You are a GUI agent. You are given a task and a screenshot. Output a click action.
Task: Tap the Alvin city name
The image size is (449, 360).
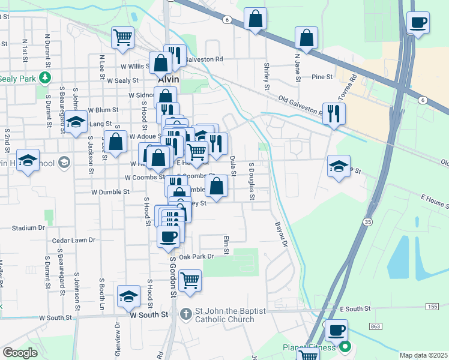tap(169, 79)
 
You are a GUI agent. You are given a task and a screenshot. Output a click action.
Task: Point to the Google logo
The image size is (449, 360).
tap(20, 353)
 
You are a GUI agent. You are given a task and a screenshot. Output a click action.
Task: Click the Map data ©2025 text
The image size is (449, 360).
tap(424, 355)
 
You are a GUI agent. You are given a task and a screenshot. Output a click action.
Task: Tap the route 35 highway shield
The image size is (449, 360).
tap(367, 222)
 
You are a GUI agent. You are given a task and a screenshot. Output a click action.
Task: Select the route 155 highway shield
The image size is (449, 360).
tap(432, 307)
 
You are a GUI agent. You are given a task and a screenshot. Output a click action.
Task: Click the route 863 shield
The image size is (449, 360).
tap(376, 326)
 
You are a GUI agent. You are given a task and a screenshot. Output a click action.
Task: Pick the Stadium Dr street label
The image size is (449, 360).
tap(29, 228)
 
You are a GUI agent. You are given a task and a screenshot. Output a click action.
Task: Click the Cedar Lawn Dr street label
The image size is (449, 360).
tap(74, 240)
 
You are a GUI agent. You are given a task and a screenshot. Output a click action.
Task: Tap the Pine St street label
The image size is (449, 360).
tap(322, 77)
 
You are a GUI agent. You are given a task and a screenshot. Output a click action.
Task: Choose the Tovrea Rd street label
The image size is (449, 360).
tap(348, 88)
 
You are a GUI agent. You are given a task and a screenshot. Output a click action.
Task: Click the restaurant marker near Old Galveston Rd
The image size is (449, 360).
tap(334, 113)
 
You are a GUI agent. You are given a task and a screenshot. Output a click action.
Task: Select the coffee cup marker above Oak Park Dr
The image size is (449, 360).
tap(169, 235)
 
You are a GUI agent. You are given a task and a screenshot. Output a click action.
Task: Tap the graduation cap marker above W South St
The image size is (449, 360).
tap(128, 296)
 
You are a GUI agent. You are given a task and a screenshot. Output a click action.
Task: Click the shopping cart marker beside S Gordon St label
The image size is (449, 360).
tap(190, 280)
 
